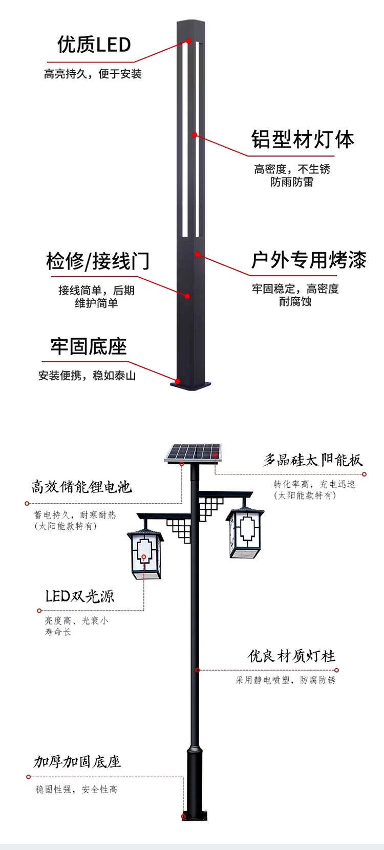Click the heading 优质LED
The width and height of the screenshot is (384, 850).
[x=94, y=45]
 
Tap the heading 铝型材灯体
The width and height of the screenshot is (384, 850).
[x=303, y=139]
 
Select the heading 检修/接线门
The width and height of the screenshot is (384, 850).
[x=98, y=261]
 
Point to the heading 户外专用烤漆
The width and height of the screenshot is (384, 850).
[x=309, y=260]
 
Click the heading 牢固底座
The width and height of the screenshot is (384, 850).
[x=89, y=346]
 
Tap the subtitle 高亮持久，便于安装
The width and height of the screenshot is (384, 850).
[x=93, y=74]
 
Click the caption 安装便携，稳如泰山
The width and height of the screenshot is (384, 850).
[x=87, y=376]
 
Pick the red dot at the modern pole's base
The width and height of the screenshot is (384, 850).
[x=177, y=381]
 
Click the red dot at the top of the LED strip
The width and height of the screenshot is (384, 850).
[x=188, y=40]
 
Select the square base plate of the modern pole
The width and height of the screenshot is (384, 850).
[x=190, y=385]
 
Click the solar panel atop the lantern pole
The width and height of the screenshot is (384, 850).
[x=194, y=453]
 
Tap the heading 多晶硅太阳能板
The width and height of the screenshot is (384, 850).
[x=313, y=460]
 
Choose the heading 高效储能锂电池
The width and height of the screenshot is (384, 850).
[x=81, y=487]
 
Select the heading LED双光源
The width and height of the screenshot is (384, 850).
[x=79, y=596]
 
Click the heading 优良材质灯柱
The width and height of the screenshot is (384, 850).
[x=291, y=656]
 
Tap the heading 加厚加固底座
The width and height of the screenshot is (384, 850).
[x=77, y=761]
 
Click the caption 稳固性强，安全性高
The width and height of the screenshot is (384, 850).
[x=77, y=789]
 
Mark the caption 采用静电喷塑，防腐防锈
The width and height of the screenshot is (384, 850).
[x=286, y=680]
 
